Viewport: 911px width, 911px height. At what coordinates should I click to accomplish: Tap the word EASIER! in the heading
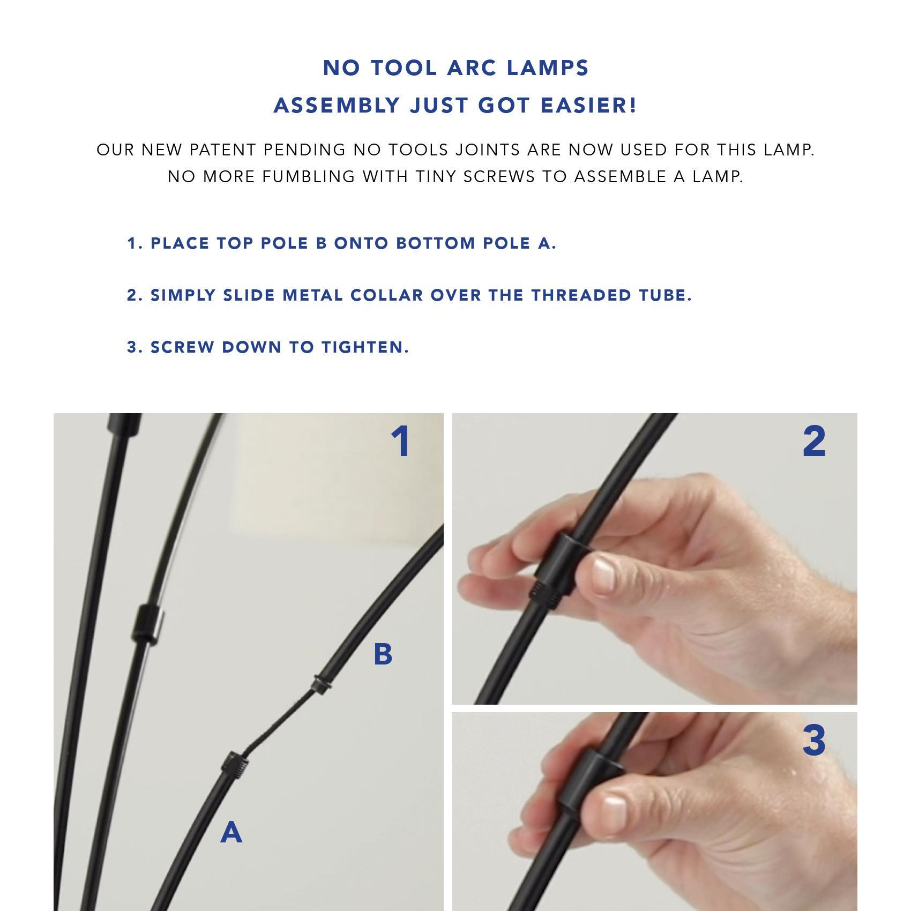[x=588, y=106]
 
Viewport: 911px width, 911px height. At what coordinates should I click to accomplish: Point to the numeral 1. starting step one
[x=135, y=243]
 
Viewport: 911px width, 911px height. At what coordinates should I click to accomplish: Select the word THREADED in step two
[x=581, y=295]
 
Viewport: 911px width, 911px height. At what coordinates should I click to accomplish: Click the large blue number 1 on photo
[x=401, y=442]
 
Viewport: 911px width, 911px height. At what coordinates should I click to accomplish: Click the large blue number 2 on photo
[x=814, y=442]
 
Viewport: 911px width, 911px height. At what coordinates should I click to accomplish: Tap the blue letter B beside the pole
[x=383, y=654]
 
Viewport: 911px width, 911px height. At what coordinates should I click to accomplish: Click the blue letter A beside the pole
[x=232, y=832]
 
